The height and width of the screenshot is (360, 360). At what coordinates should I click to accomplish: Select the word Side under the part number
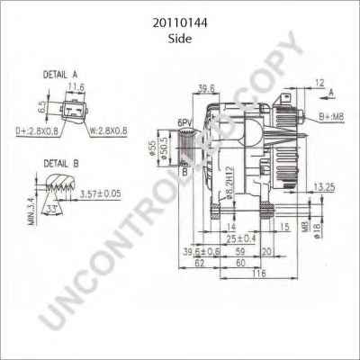pyautogui.click(x=180, y=30)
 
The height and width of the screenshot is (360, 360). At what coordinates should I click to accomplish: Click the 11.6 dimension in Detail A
pyautogui.click(x=76, y=87)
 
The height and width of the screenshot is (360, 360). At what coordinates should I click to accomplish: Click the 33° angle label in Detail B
pyautogui.click(x=56, y=210)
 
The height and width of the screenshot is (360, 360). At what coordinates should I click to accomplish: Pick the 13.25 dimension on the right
pyautogui.click(x=324, y=187)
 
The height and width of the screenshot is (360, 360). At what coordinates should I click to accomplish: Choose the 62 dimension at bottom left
pyautogui.click(x=198, y=264)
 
